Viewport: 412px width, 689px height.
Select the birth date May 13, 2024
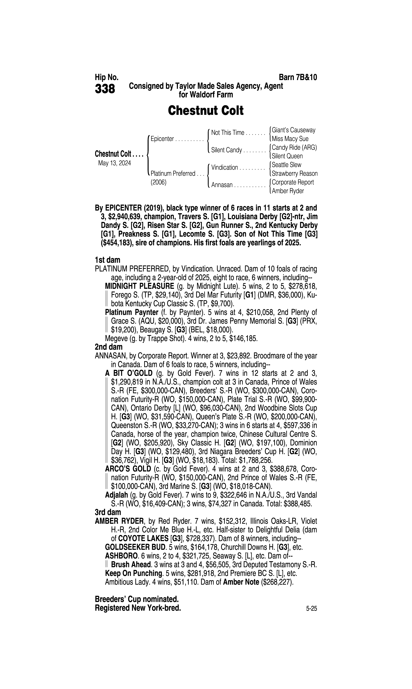coord(114,163)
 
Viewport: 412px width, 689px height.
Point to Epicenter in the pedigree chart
coord(162,139)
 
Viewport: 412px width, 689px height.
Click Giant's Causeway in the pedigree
coord(293,130)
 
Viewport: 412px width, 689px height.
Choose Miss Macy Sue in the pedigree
coord(290,139)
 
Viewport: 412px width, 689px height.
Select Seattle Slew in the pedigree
coord(287,165)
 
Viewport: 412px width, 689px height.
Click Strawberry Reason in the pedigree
coord(295,174)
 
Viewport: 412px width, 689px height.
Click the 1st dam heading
coord(107,260)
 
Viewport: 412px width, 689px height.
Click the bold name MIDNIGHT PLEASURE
coord(139,286)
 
